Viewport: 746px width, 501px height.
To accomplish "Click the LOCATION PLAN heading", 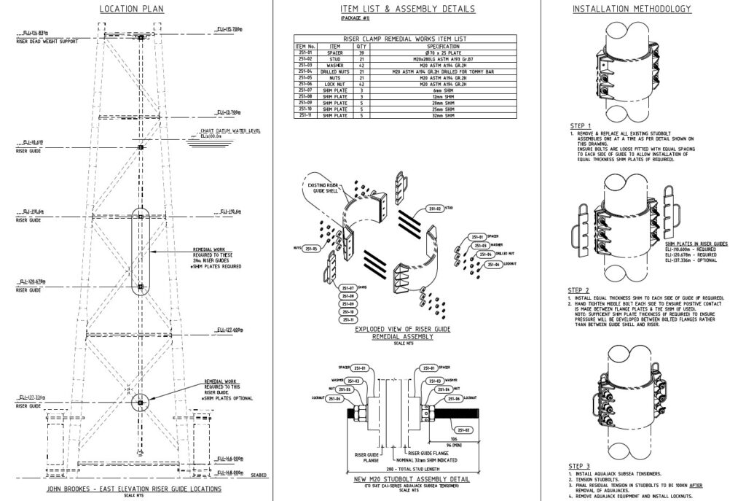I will [131, 9].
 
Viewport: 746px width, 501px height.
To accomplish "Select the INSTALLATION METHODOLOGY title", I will [632, 9].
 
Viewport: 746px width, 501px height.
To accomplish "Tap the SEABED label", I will [259, 473].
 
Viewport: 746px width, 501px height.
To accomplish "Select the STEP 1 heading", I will [581, 125].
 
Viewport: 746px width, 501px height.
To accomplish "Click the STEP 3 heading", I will [581, 466].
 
